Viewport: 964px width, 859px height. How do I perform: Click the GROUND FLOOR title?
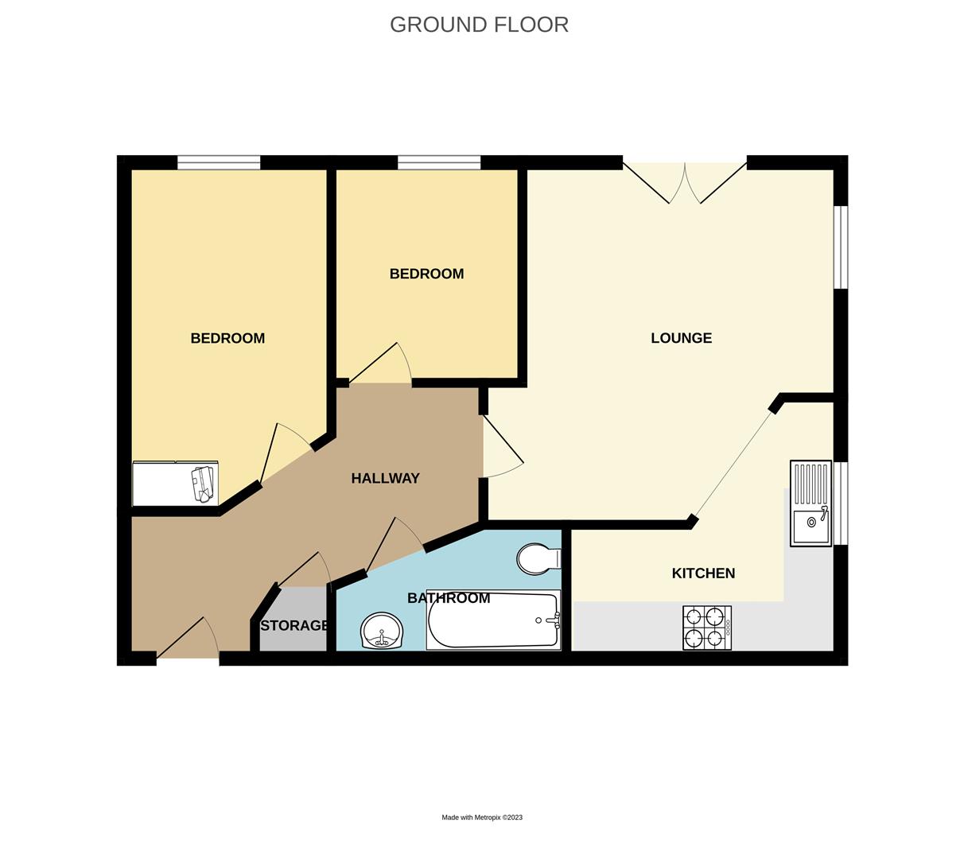479,25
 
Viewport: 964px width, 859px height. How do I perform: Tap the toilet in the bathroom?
538,558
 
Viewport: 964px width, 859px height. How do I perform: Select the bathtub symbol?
493,621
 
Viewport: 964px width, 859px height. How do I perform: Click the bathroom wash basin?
382,632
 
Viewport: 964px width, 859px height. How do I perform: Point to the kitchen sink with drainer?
810,503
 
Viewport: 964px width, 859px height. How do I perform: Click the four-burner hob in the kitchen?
706,627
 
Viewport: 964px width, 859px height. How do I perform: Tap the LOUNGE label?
681,338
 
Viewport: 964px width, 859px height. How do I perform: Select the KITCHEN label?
703,573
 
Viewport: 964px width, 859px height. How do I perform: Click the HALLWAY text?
385,478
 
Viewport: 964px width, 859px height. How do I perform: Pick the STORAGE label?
294,626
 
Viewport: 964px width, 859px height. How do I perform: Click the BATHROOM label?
449,598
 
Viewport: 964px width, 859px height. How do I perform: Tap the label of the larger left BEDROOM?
227,338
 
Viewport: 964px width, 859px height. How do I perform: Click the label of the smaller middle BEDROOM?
426,274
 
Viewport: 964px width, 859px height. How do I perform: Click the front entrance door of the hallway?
188,640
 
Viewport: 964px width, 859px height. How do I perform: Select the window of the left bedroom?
219,163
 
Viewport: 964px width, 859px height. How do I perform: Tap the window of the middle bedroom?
439,163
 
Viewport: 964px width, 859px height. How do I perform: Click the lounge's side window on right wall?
841,247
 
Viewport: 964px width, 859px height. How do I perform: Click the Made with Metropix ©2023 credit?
482,818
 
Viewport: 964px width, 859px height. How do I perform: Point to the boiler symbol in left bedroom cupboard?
204,484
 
